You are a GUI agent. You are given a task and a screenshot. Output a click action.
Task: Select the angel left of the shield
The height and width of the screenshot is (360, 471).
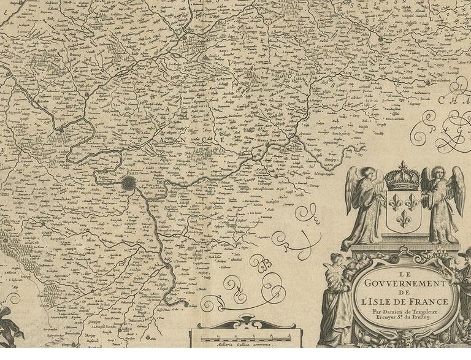pos(364,205)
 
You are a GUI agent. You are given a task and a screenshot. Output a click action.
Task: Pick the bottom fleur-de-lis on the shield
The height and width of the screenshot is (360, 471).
pos(404,218)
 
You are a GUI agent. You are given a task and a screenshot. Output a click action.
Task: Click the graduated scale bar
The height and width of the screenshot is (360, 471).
pos(242,335)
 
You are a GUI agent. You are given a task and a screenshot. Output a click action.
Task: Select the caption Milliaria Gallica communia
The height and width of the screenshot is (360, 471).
pos(242,344)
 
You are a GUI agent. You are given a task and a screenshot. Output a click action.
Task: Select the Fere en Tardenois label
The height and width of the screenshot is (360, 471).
pos(439,82)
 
